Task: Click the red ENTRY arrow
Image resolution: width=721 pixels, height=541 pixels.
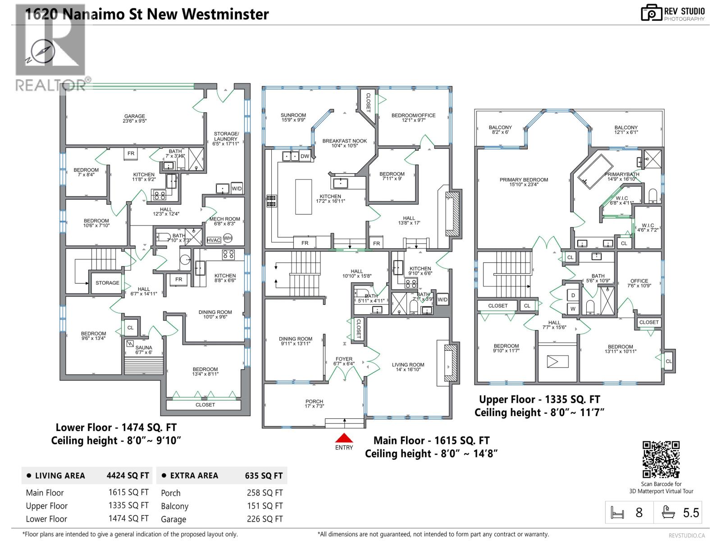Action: (344, 438)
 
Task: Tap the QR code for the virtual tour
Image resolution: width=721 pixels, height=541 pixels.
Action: (661, 459)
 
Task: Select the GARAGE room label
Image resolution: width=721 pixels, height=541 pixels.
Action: (134, 116)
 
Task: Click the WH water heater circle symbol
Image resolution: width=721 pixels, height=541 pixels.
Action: (228, 238)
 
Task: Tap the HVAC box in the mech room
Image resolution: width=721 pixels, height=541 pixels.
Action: (214, 240)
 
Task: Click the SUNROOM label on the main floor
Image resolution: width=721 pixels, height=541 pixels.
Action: (293, 115)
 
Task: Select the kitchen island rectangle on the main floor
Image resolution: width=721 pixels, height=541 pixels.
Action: (303, 197)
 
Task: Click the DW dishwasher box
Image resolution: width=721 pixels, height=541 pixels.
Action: (305, 156)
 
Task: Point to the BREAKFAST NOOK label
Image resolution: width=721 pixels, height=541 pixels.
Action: (344, 141)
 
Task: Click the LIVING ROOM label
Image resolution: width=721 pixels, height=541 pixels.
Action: (408, 365)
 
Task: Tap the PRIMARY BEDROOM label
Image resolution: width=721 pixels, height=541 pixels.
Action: (524, 179)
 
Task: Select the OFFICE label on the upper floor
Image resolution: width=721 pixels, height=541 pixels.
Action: (639, 280)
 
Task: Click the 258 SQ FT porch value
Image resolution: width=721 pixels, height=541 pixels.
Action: (265, 493)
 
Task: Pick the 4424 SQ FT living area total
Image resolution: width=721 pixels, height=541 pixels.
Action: (128, 475)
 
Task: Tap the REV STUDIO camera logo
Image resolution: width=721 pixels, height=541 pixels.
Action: (651, 13)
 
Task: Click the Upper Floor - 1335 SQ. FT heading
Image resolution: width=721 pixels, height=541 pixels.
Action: (539, 399)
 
